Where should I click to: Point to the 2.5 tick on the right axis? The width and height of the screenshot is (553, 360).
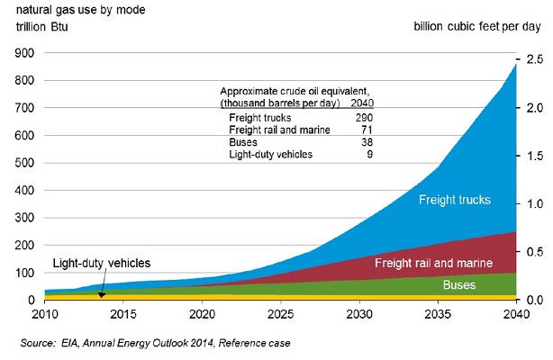[535, 59]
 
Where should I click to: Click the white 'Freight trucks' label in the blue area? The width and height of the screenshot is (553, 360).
[455, 199]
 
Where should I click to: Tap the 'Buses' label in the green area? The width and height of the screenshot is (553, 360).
[460, 284]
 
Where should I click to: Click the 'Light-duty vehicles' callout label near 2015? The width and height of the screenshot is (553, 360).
[102, 263]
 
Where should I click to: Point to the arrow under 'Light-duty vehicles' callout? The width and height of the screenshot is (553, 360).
[102, 287]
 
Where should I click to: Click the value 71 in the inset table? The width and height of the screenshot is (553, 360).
[367, 130]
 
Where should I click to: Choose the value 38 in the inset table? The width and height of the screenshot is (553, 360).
[367, 142]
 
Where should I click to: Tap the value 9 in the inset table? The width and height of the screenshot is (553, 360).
[369, 154]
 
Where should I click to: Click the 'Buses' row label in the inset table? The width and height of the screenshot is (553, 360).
[243, 142]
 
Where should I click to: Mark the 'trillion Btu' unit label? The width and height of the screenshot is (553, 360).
[41, 25]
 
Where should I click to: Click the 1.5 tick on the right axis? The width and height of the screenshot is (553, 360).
[535, 156]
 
